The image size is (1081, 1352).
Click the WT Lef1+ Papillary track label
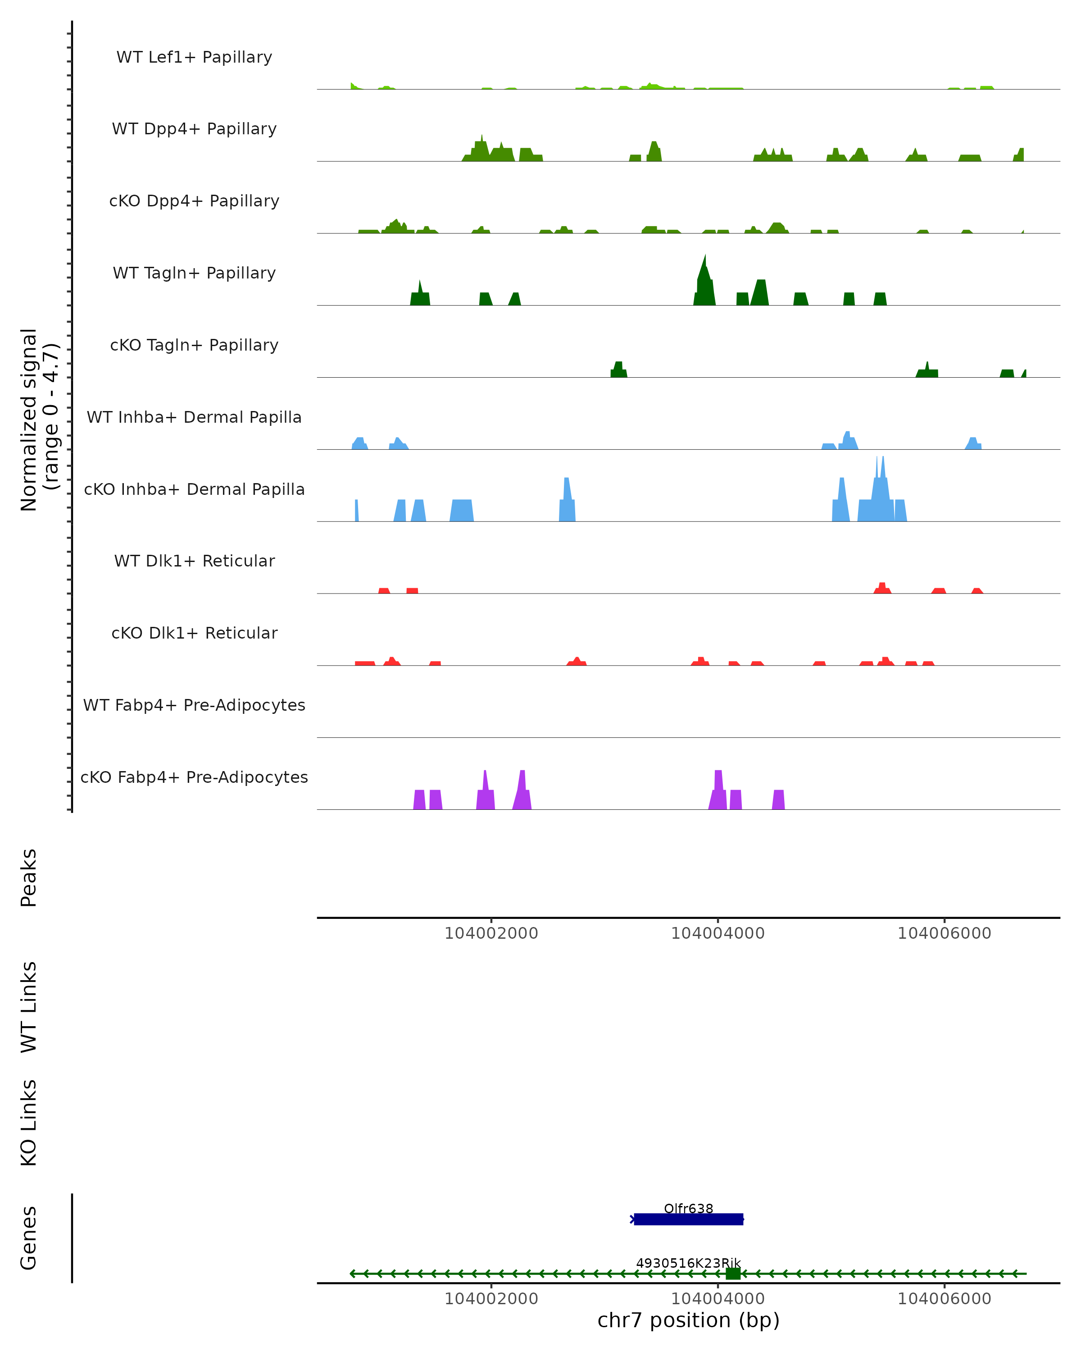coord(194,57)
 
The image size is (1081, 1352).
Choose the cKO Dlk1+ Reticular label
coord(194,633)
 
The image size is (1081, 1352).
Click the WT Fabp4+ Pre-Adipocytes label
coord(194,705)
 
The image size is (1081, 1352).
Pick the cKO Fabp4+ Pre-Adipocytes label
coord(194,777)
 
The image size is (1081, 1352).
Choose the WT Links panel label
coord(29,1006)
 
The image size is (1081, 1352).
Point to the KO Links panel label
coord(29,1123)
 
